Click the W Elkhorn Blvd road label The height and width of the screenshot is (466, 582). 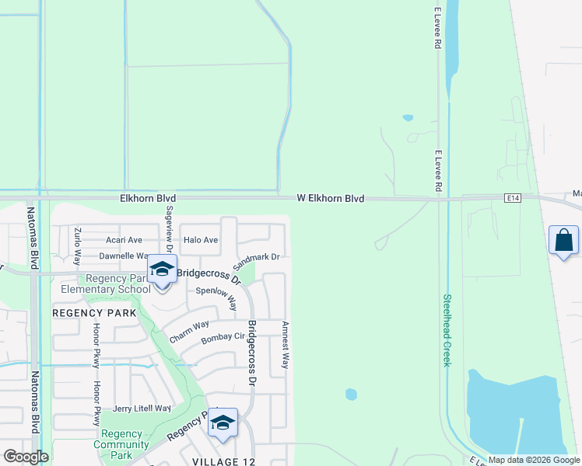click(x=331, y=199)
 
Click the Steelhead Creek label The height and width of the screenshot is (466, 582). click(x=447, y=330)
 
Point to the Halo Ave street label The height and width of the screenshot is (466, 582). click(x=201, y=240)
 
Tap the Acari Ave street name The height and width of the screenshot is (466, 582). click(x=124, y=240)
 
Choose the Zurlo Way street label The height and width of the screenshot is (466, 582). click(x=77, y=246)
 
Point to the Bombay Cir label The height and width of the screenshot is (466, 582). click(x=223, y=338)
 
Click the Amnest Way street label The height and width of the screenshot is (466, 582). click(x=286, y=345)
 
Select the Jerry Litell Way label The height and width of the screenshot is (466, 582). click(x=141, y=409)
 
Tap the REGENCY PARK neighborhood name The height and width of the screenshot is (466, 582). click(x=94, y=312)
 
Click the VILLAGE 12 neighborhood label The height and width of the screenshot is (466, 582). click(x=226, y=461)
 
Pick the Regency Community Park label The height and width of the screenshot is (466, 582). click(x=121, y=444)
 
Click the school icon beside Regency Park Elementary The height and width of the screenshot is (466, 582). click(x=162, y=270)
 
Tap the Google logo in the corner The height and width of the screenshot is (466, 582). click(x=26, y=457)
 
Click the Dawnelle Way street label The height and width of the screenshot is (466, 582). click(x=124, y=256)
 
